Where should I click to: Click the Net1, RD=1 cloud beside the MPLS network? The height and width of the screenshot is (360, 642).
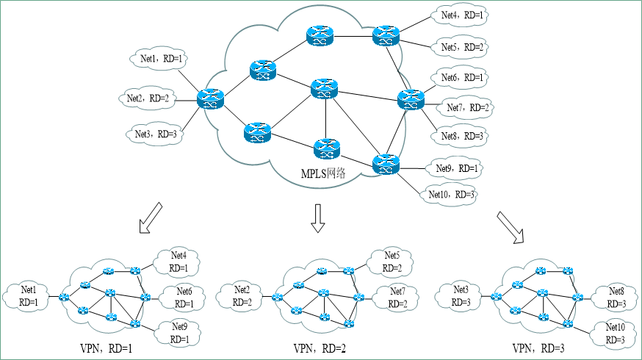(x=161, y=57)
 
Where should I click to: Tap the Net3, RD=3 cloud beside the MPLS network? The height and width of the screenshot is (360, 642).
(x=155, y=134)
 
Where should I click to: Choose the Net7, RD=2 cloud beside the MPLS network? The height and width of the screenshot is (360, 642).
(x=468, y=108)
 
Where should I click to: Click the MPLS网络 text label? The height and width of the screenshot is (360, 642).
(x=324, y=174)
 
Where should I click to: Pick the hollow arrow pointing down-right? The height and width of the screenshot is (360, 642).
(x=512, y=226)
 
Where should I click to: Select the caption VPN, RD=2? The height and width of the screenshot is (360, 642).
(x=319, y=348)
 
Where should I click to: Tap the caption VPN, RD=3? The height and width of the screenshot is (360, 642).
(x=538, y=348)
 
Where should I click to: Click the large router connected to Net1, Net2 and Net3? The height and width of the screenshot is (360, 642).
(x=210, y=98)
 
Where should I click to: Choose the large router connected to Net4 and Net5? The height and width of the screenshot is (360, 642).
(x=384, y=35)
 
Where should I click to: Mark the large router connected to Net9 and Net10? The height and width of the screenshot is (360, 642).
(x=384, y=164)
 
